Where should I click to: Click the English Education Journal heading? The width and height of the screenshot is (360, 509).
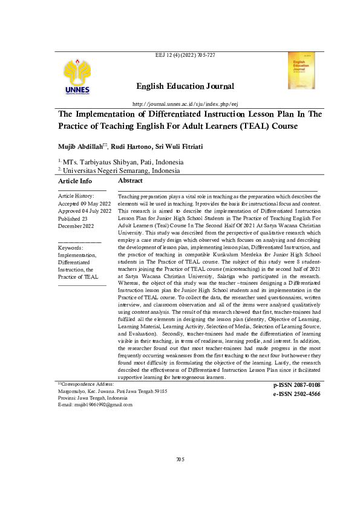(x=185, y=86)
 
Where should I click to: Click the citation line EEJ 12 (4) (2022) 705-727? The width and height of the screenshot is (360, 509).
(x=186, y=56)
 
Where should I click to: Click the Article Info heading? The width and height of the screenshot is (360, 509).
(x=75, y=181)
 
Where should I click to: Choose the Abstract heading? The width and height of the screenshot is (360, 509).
(x=130, y=181)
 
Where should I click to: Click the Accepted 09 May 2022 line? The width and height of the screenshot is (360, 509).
(x=84, y=204)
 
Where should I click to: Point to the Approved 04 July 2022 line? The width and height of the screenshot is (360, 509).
(x=85, y=211)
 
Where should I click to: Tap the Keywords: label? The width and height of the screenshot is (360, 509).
(x=71, y=248)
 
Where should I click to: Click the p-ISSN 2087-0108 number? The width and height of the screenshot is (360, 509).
(x=293, y=385)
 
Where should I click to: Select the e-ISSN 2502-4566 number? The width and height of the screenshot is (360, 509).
(x=293, y=394)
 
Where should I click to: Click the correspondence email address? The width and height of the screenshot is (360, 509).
(x=93, y=404)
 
